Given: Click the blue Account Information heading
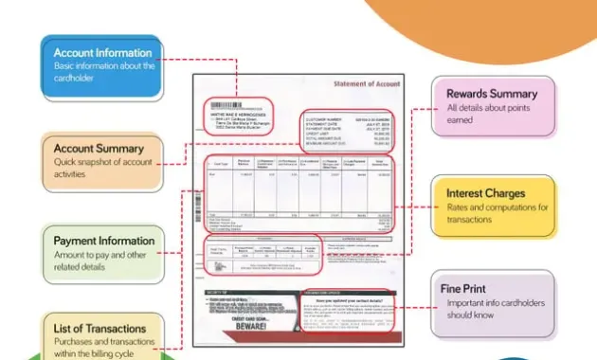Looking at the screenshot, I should click(x=102, y=53).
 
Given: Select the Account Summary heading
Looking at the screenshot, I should click(x=99, y=149).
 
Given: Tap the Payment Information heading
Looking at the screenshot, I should click(x=103, y=242).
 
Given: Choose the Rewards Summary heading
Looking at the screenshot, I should click(x=491, y=94).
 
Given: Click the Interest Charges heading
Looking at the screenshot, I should click(x=485, y=193).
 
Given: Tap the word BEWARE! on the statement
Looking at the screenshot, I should click(x=248, y=334).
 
